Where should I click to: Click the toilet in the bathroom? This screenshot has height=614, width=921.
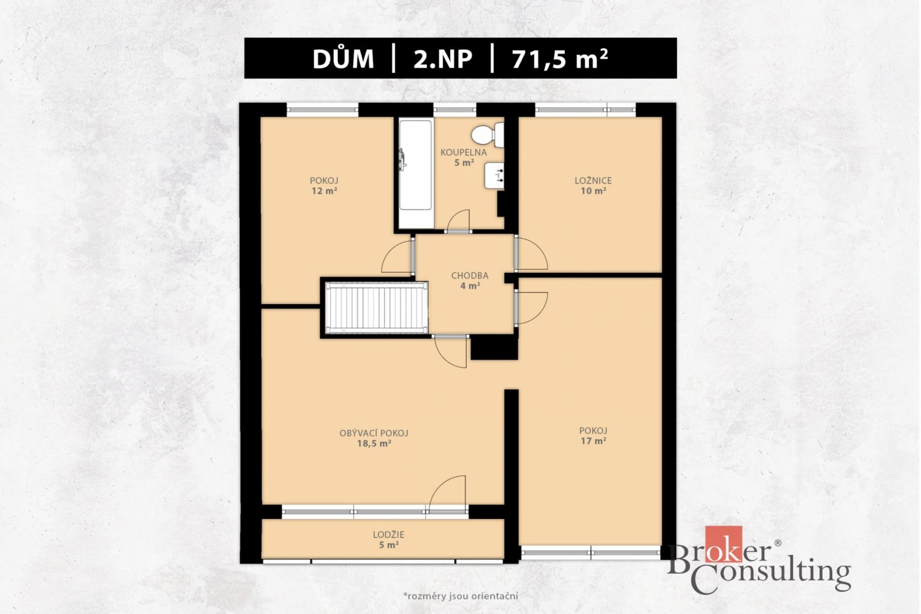click(487, 135)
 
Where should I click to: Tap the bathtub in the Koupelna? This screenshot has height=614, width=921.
click(416, 173)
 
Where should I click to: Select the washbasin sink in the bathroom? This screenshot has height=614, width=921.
click(494, 175)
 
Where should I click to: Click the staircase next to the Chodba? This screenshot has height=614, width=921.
click(377, 307)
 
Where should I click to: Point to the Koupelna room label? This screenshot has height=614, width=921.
click(463, 153)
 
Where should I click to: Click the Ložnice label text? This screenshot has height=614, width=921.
click(593, 181)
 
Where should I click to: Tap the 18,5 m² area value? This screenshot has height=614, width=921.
click(374, 444)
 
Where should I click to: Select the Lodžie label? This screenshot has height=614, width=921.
click(389, 534)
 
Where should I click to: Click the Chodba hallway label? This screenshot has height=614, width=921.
click(470, 276)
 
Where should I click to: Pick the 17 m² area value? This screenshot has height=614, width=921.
click(593, 441)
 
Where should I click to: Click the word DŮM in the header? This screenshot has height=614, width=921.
click(343, 59)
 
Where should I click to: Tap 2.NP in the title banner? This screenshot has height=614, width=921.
click(443, 59)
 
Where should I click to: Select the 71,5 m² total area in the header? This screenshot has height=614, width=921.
click(560, 59)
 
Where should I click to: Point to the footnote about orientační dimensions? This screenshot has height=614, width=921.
click(460, 596)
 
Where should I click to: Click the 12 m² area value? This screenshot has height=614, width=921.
click(324, 191)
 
